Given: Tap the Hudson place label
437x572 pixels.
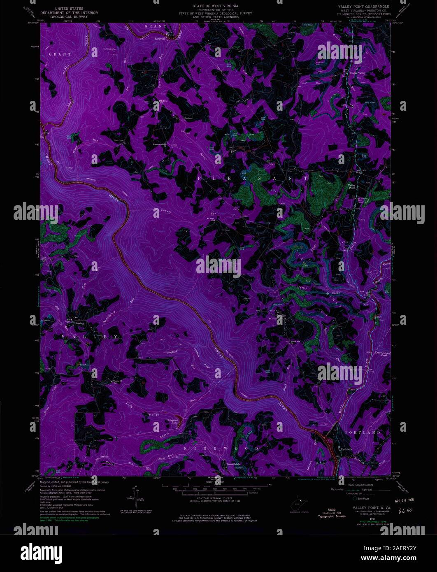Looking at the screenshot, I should pos(188,118).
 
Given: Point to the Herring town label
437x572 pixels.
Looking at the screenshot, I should pos(79,323).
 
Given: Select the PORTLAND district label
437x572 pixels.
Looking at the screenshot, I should pos(363,433).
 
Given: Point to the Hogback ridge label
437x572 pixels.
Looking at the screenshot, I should pos(172,352).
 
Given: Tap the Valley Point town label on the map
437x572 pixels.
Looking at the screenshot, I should pos(352,186).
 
